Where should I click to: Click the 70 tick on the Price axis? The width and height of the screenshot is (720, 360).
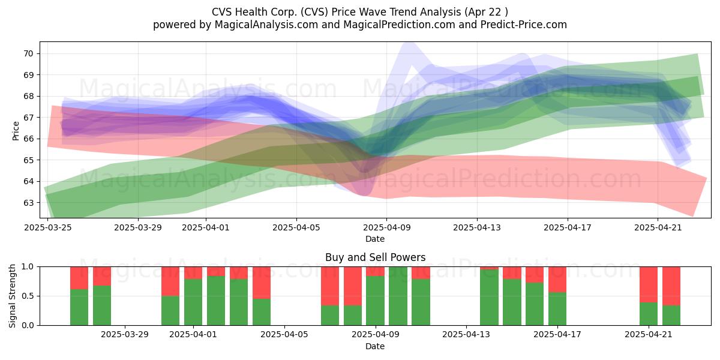pos(29,53)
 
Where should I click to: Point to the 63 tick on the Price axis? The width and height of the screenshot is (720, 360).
pos(29,203)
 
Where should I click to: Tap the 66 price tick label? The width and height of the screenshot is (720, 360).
pos(29,139)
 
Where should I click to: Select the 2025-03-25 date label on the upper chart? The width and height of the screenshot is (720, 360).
pos(48,227)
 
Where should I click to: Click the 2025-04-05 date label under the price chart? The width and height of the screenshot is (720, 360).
pos(296,227)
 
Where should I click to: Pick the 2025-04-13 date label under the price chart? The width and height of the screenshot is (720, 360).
pos(477,227)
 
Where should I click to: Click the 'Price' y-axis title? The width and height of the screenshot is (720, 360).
pos(16,131)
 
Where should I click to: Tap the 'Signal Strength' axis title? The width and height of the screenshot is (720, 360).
pos(12,296)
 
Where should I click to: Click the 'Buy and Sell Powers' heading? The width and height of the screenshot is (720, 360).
pos(375,257)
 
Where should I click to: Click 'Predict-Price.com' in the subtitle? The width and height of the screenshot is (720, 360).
pos(524,25)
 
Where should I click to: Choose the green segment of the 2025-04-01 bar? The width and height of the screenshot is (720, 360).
pos(193,302)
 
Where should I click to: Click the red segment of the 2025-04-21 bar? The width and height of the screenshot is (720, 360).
pos(649,284)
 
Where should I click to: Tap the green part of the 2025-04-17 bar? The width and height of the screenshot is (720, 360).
pos(557,309)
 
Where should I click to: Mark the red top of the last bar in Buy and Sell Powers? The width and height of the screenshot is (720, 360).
pos(671,286)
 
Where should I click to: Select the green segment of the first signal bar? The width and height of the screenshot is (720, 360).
pos(79,307)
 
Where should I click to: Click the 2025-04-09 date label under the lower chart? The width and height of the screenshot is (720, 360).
pos(376,334)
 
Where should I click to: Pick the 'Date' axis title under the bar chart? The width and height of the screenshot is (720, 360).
pos(375,346)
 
